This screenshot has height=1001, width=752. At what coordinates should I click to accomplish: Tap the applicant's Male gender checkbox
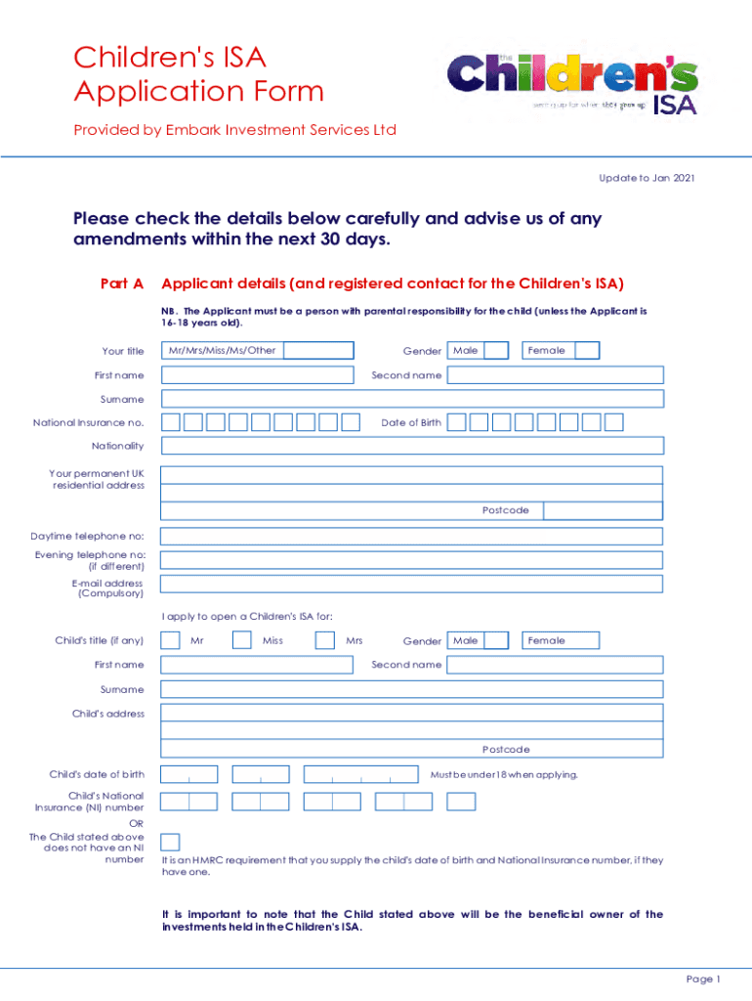point(496,351)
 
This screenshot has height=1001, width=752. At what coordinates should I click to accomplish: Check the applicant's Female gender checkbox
point(587,351)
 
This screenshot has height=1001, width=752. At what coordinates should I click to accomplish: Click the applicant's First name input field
point(257,375)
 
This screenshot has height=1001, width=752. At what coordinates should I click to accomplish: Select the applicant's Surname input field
point(411,399)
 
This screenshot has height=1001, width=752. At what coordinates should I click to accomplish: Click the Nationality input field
point(411,446)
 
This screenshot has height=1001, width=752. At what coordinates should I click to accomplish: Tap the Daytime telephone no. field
point(411,537)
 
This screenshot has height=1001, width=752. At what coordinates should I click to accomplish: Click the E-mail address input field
point(411,584)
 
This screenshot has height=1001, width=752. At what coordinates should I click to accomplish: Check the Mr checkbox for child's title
point(170,640)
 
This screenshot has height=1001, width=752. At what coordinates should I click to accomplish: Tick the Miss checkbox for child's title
point(242,640)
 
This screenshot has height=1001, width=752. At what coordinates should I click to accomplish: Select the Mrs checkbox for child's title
point(325,640)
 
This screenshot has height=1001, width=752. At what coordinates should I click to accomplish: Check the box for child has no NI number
point(170,842)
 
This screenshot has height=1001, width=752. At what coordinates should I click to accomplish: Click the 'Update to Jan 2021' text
point(646,177)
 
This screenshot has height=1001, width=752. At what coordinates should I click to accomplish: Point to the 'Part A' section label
point(122,283)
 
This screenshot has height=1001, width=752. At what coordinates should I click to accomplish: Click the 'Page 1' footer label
point(703,979)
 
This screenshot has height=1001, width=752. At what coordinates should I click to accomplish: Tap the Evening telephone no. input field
point(411,560)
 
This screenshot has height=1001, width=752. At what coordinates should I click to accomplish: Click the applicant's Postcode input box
point(603,510)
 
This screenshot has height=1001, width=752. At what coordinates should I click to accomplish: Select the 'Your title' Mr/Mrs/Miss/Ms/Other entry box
point(318,351)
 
